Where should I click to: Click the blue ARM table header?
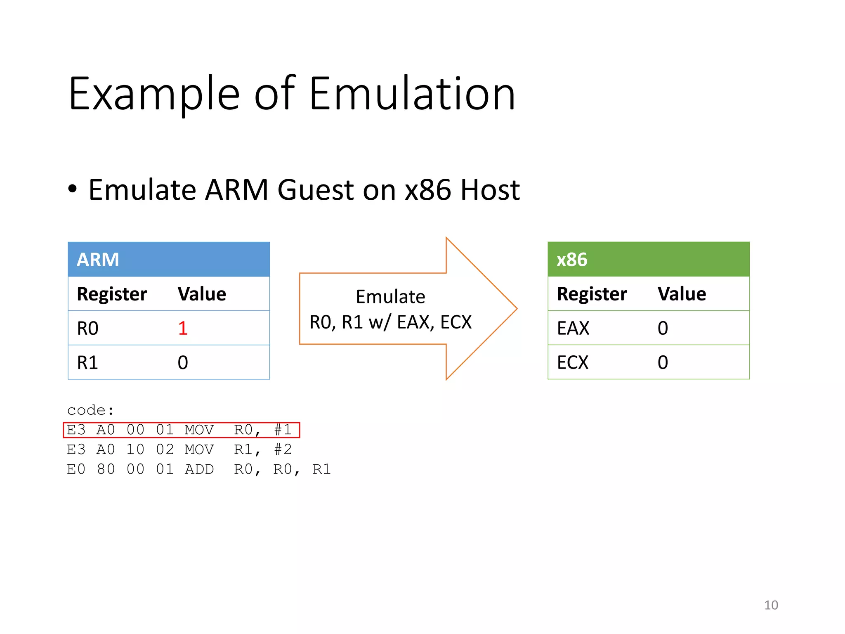168,259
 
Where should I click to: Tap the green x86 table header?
648,259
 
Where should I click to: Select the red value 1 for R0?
183,328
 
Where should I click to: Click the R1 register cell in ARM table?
88,362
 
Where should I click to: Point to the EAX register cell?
573,328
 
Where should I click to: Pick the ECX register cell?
572,362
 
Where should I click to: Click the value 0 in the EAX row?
663,328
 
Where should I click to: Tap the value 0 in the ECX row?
663,362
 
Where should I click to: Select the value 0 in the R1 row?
183,362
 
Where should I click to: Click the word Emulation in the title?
412,94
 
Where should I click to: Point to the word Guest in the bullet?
316,190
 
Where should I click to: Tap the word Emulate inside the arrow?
390,296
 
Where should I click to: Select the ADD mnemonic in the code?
199,469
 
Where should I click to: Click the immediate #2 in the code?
283,449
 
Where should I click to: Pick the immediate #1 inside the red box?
283,430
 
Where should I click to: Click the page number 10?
771,605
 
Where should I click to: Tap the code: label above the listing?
90,410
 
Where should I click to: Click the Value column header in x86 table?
682,294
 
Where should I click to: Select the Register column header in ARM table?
112,294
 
